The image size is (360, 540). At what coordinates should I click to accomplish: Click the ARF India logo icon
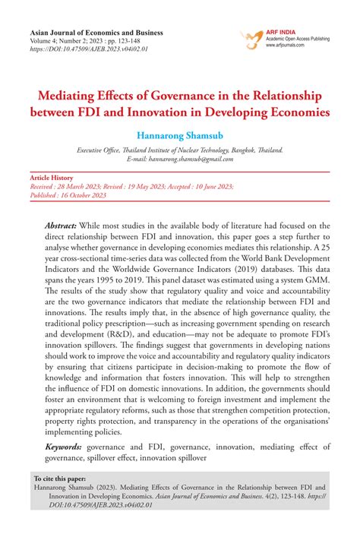click(x=249, y=37)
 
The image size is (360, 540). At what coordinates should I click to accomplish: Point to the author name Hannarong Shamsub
click(x=179, y=134)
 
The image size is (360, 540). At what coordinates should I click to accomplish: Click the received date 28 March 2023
click(x=84, y=185)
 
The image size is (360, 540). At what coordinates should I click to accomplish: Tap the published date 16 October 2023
click(x=80, y=195)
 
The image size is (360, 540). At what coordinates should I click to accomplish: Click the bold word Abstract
click(x=61, y=227)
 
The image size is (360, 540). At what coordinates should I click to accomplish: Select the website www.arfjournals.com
click(x=286, y=46)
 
